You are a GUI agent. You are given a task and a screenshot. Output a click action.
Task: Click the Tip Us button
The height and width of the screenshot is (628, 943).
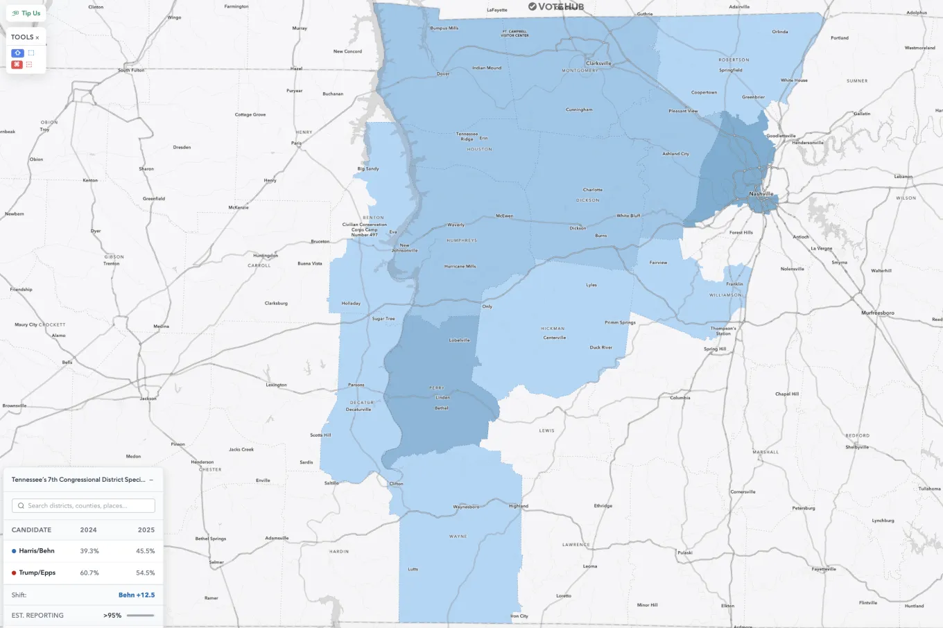(x=26, y=13)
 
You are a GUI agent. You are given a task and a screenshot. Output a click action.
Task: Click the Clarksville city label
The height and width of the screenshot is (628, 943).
(x=598, y=63)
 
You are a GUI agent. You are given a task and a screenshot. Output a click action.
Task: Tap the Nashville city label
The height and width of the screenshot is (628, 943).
(x=761, y=194)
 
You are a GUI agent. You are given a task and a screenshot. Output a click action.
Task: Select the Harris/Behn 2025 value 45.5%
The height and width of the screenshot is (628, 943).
(x=145, y=551)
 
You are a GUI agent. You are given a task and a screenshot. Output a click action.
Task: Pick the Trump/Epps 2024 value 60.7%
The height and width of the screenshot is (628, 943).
(x=89, y=573)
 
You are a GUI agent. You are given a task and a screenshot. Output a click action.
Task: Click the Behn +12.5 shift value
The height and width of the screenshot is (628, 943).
(x=137, y=595)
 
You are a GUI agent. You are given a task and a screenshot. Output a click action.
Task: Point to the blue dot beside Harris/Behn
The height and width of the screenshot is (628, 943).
(x=14, y=551)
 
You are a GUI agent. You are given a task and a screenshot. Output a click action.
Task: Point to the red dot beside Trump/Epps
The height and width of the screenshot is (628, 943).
(x=14, y=573)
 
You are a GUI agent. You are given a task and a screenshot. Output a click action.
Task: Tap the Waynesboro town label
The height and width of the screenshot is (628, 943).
(x=466, y=507)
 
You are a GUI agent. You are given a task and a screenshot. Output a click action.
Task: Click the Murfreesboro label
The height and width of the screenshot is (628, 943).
(x=877, y=313)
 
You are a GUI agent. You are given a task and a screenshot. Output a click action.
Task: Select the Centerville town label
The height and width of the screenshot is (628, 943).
(x=554, y=338)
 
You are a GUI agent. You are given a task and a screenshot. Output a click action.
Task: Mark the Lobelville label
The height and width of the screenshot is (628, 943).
(x=459, y=340)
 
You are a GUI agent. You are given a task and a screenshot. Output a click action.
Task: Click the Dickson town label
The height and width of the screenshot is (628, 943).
(x=578, y=228)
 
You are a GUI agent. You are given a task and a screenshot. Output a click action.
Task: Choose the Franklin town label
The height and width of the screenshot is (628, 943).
(x=734, y=284)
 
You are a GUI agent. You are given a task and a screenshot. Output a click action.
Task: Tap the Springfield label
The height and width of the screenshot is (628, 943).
(x=731, y=70)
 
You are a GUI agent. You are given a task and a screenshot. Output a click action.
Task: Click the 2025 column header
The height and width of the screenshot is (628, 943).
(x=146, y=530)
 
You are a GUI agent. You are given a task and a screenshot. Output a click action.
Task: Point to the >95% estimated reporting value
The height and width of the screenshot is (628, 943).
(x=112, y=616)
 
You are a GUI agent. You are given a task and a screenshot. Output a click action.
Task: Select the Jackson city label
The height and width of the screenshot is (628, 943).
(x=148, y=399)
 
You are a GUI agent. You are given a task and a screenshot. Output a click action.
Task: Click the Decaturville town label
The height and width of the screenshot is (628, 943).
(x=358, y=410)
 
